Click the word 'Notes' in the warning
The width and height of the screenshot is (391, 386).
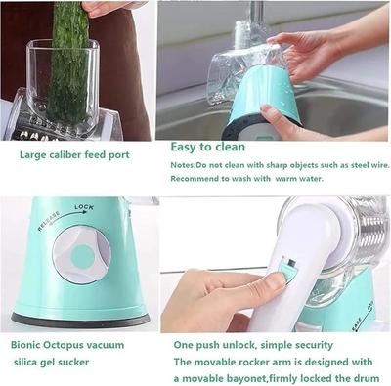point(186,164)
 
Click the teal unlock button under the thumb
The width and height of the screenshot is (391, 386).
point(284,272)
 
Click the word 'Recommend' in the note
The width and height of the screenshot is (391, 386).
point(199,178)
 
